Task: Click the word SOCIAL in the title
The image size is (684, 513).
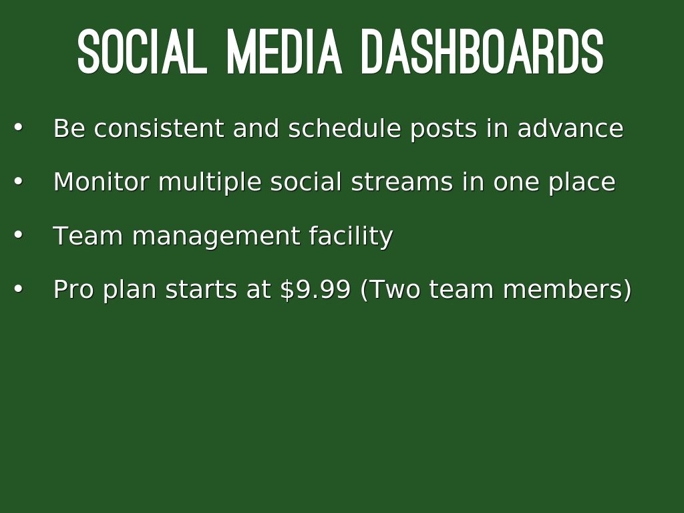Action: point(142,52)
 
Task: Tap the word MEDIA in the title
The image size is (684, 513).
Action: point(284,52)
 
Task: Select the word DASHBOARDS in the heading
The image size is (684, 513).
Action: point(483,52)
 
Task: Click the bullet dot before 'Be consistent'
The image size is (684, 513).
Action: point(18,128)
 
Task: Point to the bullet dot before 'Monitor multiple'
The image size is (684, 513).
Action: point(18,180)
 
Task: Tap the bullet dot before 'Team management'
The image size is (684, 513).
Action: point(18,234)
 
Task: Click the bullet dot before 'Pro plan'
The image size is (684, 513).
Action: point(18,289)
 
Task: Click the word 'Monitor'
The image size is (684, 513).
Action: point(102,182)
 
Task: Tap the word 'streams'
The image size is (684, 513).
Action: point(402,182)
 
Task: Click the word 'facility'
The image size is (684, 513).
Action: point(351,236)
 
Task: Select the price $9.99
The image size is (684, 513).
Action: point(315,289)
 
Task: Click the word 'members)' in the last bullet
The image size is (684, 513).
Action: point(567,289)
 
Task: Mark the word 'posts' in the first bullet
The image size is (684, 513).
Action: point(444,129)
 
